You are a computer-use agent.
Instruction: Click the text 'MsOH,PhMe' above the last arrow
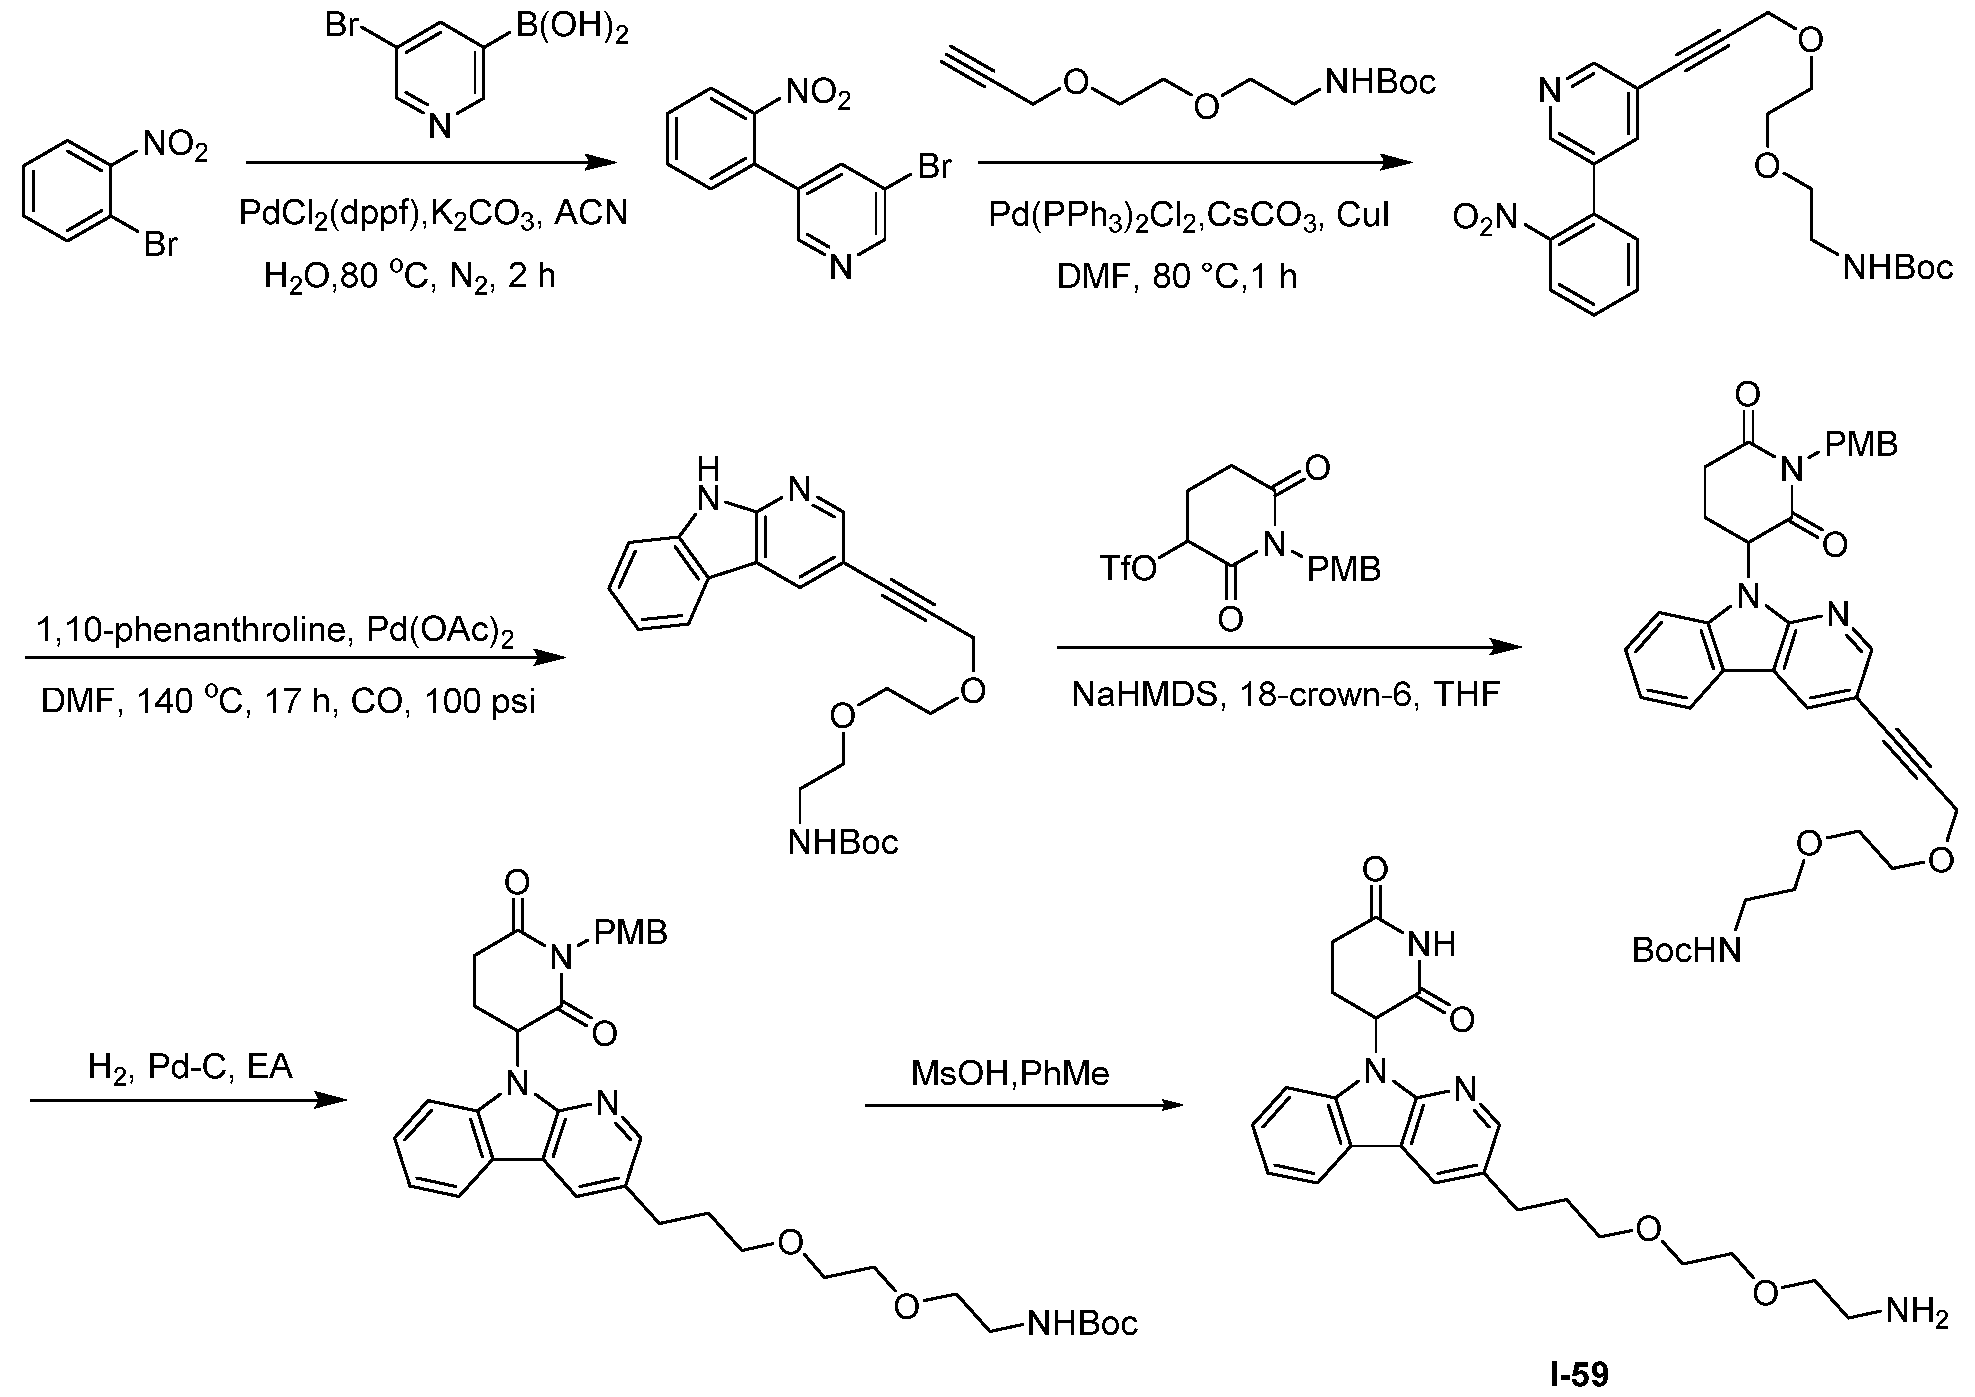[1010, 1074]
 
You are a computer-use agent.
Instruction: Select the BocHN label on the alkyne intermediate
[1686, 949]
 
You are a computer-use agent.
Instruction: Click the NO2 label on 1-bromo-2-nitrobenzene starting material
[176, 149]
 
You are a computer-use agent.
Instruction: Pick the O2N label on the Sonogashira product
[1486, 218]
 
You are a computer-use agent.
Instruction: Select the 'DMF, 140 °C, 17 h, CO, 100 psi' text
[288, 701]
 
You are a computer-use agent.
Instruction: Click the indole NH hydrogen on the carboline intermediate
[709, 466]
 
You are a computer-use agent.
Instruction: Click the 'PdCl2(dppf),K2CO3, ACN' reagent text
[433, 214]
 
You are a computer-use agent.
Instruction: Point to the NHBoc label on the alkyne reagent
[1380, 81]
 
